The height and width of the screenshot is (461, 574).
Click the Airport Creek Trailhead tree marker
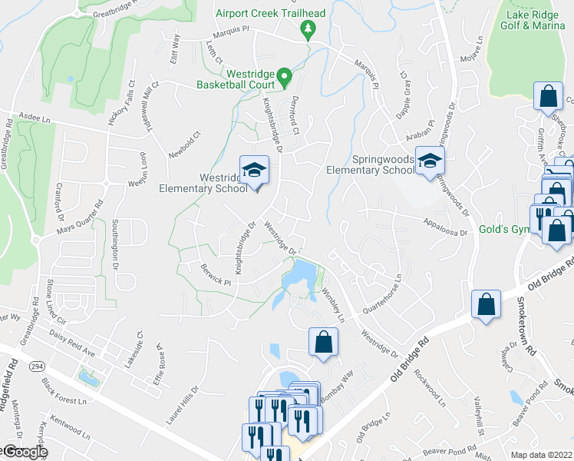tap(308, 30)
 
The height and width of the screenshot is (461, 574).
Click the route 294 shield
tap(36, 368)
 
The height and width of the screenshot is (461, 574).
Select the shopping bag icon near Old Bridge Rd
tap(486, 306)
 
